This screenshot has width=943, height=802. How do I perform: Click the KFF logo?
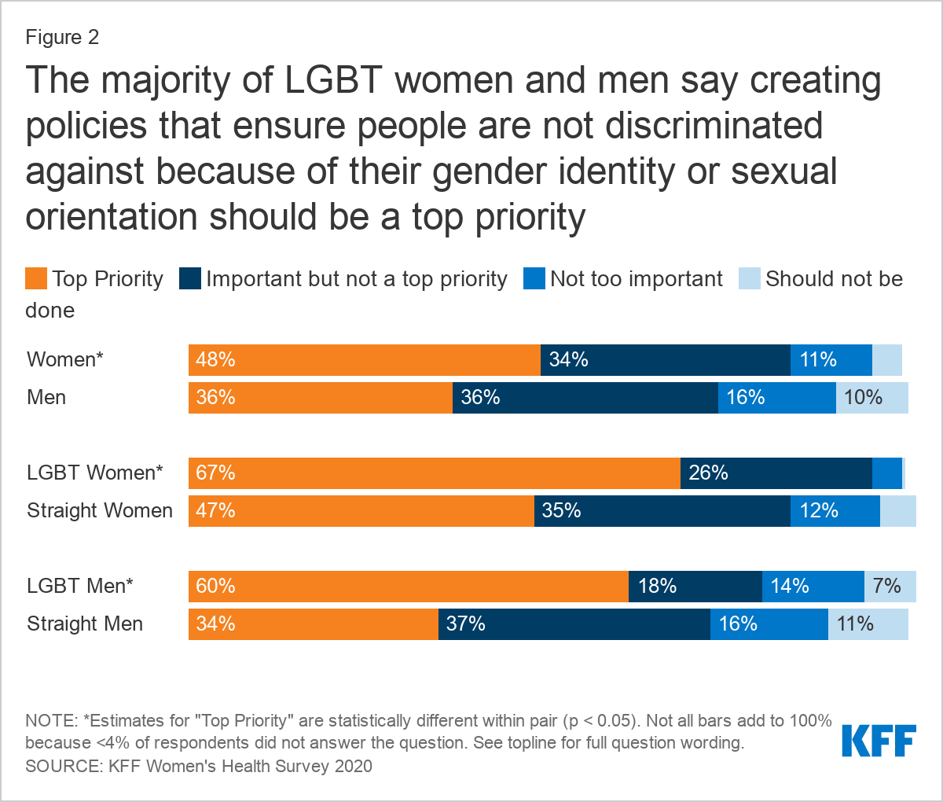(879, 741)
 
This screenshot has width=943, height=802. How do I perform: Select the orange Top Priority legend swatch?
(36, 278)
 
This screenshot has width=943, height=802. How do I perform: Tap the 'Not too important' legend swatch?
(534, 278)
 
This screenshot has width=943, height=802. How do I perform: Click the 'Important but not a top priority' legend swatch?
(190, 278)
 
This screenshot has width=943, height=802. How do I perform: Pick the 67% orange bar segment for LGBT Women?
(434, 473)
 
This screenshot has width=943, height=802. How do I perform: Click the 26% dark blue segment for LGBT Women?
(776, 473)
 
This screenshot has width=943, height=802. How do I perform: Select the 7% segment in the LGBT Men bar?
(890, 587)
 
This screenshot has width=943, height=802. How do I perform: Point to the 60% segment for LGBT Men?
(408, 587)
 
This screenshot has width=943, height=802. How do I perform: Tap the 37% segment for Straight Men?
(574, 624)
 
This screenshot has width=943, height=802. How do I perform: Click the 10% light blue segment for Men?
(871, 398)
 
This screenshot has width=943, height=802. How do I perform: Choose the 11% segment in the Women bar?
(831, 360)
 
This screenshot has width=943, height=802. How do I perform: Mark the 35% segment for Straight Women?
(662, 511)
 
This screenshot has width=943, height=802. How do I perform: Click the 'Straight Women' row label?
(100, 511)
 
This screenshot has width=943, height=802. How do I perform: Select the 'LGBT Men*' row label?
(80, 587)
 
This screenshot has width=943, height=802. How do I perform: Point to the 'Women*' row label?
(65, 360)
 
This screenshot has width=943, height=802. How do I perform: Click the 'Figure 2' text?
(62, 37)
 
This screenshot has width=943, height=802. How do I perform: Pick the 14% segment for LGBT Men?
(813, 587)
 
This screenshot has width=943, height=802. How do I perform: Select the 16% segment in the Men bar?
(776, 398)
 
